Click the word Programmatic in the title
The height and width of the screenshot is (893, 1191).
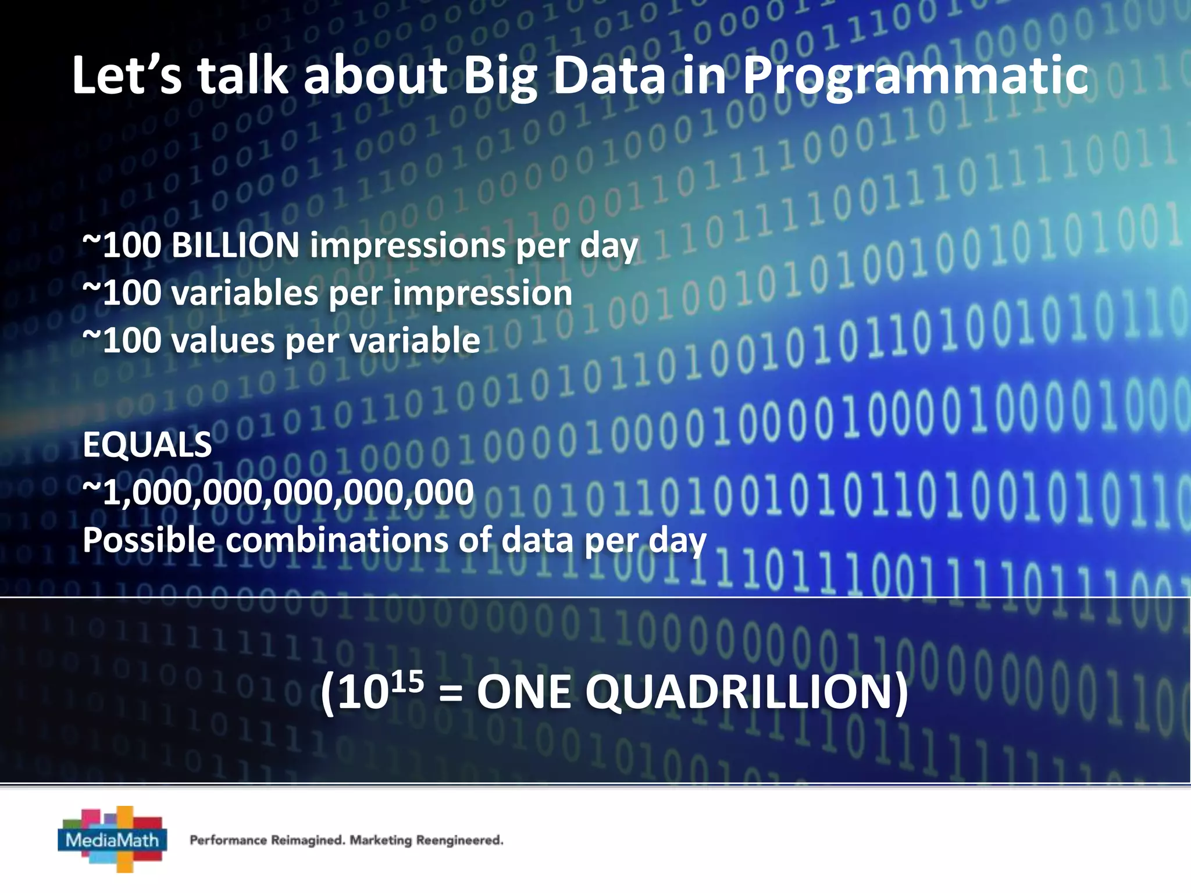[x=915, y=77]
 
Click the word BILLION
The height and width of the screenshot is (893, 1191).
[x=235, y=245]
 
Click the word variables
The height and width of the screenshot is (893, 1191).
[x=244, y=293]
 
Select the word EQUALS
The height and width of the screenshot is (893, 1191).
[x=147, y=445]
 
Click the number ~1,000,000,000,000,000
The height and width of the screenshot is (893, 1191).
[x=278, y=493]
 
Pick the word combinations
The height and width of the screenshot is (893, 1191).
[x=336, y=541]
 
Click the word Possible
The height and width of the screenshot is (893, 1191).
[x=149, y=541]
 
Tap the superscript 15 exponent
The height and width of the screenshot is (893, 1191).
[x=406, y=681]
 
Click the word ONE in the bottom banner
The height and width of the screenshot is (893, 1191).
[x=523, y=693]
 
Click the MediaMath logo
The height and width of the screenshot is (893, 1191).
[x=113, y=840]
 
